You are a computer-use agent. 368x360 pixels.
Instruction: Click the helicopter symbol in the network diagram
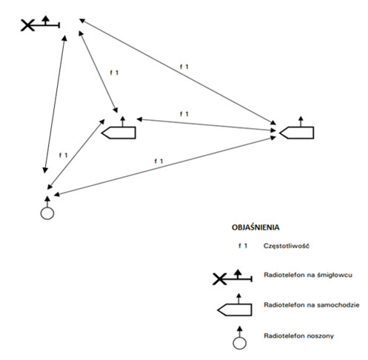[x=40, y=24]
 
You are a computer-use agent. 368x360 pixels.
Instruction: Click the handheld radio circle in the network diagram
[x=47, y=213]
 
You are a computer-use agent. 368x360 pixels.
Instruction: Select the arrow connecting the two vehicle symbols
[x=206, y=124]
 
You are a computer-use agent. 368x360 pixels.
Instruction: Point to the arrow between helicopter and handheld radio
[x=55, y=104]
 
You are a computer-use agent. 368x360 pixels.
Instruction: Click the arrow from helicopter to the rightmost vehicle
[x=178, y=71]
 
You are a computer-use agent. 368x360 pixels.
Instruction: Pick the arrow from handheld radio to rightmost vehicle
[x=165, y=166]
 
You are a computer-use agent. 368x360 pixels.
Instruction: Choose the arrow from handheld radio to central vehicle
[x=76, y=154]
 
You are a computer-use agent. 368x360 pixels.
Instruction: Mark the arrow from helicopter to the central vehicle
[x=98, y=71]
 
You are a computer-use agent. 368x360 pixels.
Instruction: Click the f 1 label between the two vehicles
[x=184, y=114]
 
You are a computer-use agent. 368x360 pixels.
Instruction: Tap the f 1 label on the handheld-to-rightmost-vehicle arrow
[x=158, y=161]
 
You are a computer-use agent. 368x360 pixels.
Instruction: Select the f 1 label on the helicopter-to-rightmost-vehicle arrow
[x=184, y=67]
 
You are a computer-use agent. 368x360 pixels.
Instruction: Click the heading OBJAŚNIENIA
[x=255, y=227]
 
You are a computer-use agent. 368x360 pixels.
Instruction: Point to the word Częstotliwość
[x=287, y=246]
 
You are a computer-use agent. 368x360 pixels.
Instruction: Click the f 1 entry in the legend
[x=243, y=246]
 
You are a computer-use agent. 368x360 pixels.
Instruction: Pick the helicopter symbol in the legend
[x=232, y=277]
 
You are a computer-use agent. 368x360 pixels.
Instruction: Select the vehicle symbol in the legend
[x=235, y=304]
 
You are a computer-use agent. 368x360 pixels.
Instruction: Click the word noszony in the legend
[x=321, y=336]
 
